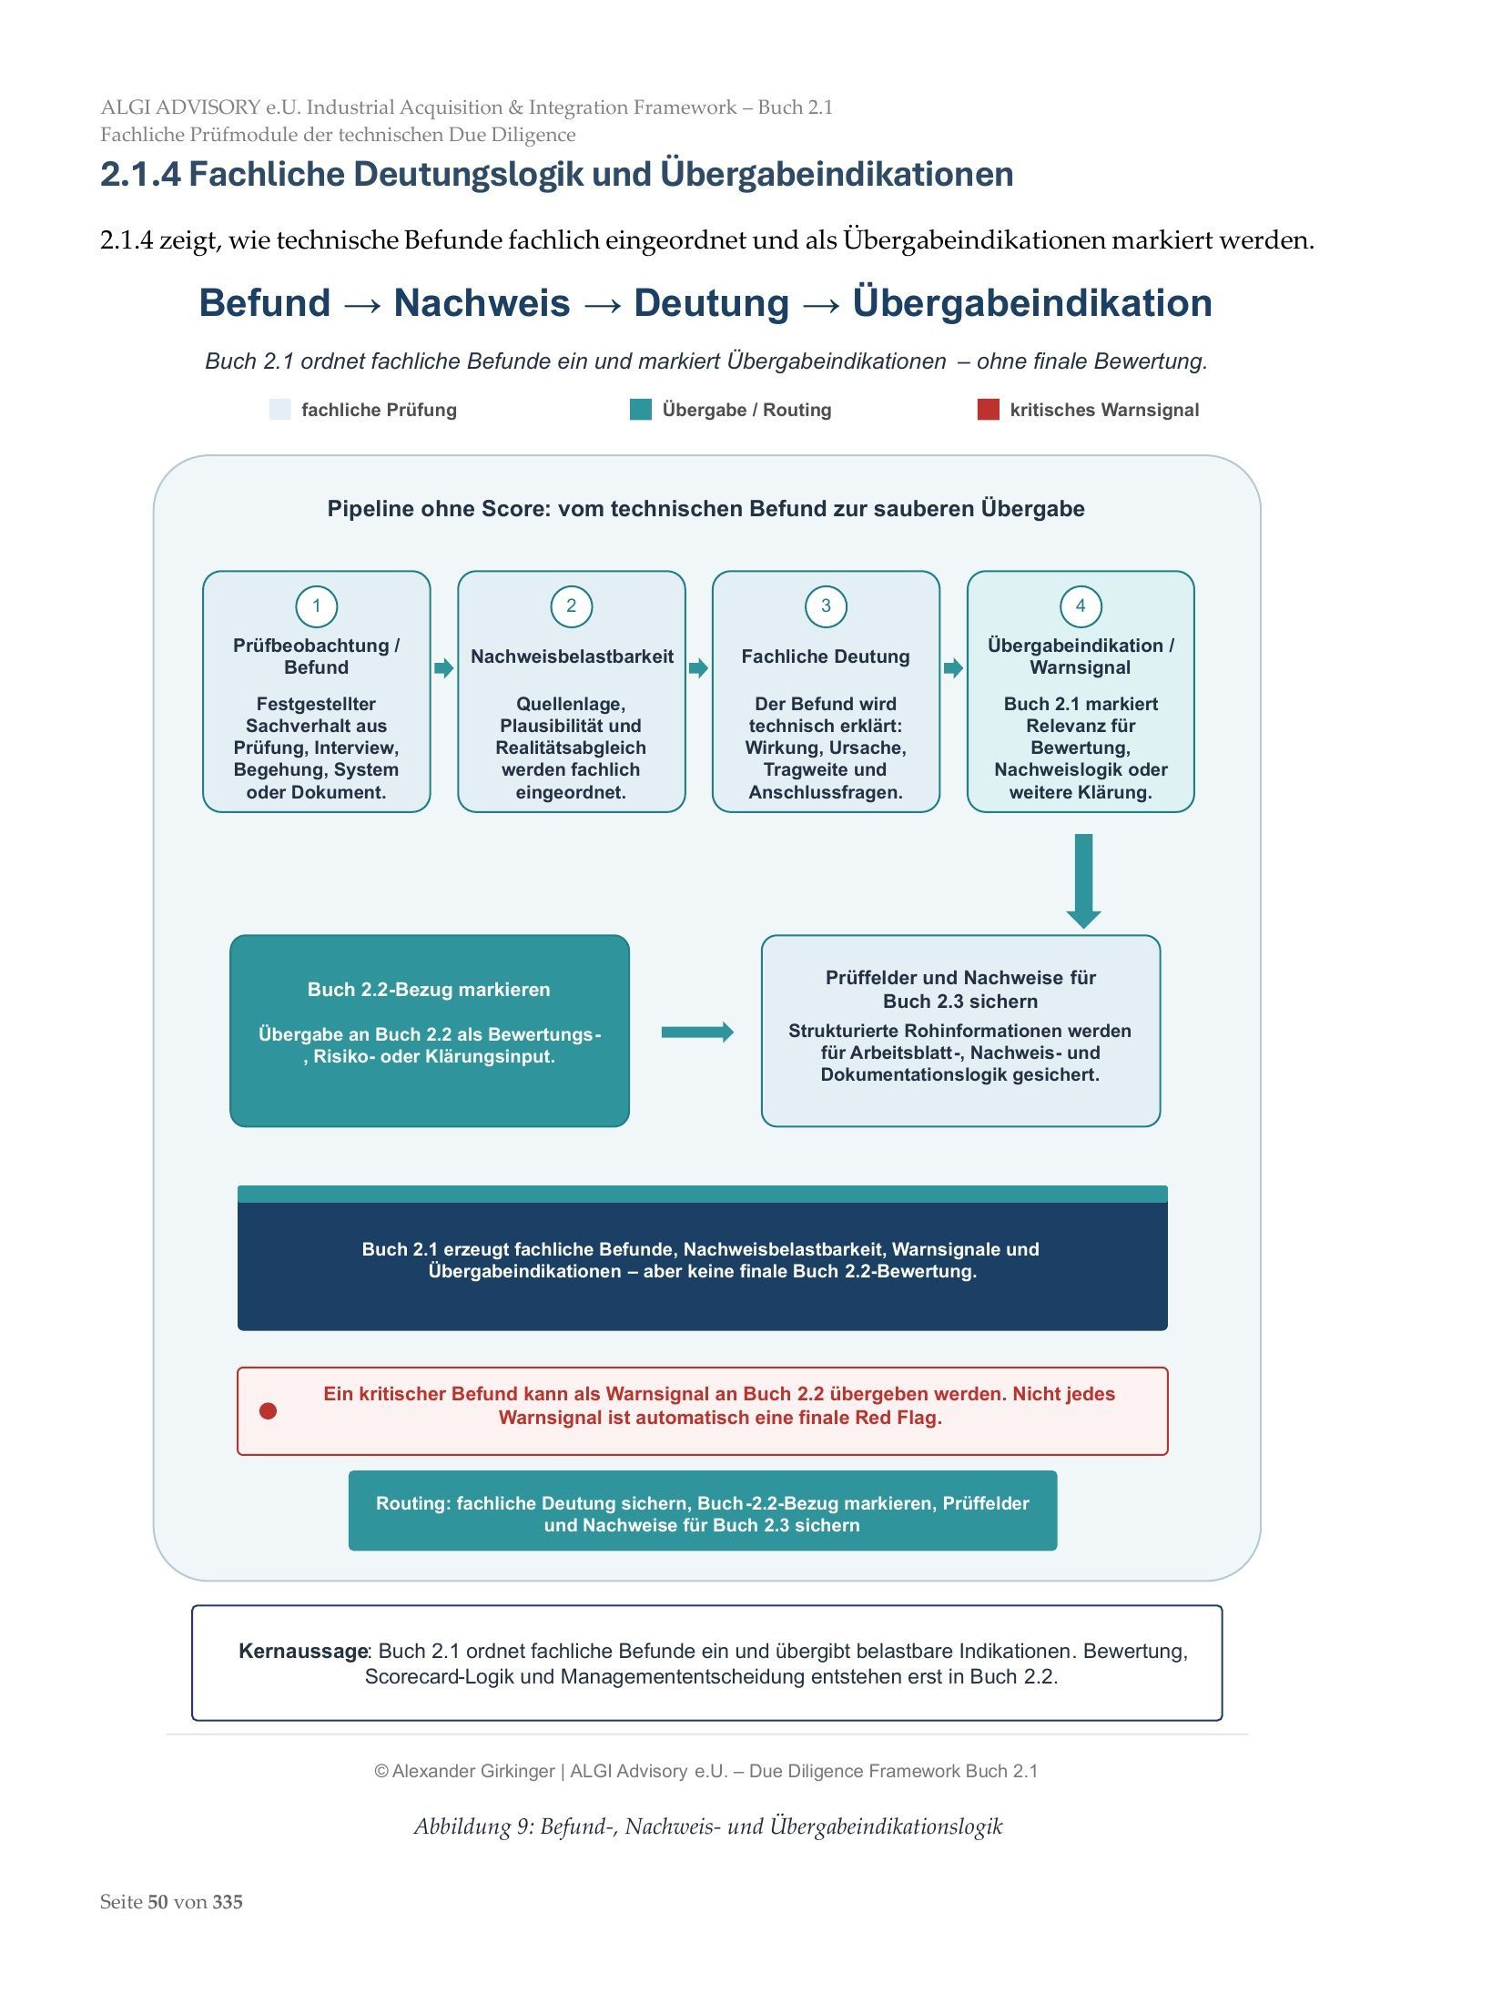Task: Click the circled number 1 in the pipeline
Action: (x=316, y=606)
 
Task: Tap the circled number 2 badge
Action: (x=571, y=606)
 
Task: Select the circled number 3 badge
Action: (x=826, y=606)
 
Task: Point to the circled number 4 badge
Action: (x=1081, y=606)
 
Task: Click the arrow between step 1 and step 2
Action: (x=444, y=668)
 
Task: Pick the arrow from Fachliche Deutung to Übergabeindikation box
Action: (x=953, y=668)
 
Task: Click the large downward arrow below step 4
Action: (x=1083, y=880)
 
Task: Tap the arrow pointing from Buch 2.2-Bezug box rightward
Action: (x=697, y=1032)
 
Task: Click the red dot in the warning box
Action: (x=268, y=1410)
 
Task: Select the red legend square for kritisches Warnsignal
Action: (x=988, y=410)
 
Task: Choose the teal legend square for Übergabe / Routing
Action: (x=641, y=410)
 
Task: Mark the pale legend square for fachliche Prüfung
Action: (x=280, y=410)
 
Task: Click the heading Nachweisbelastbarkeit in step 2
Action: (x=572, y=656)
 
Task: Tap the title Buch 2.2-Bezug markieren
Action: (x=429, y=990)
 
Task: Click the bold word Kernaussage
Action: (x=303, y=1651)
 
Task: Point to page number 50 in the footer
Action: (x=157, y=1902)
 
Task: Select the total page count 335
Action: (x=228, y=1902)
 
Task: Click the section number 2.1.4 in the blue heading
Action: (x=140, y=174)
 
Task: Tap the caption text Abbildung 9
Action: (x=472, y=1826)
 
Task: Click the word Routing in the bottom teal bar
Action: (x=412, y=1503)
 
